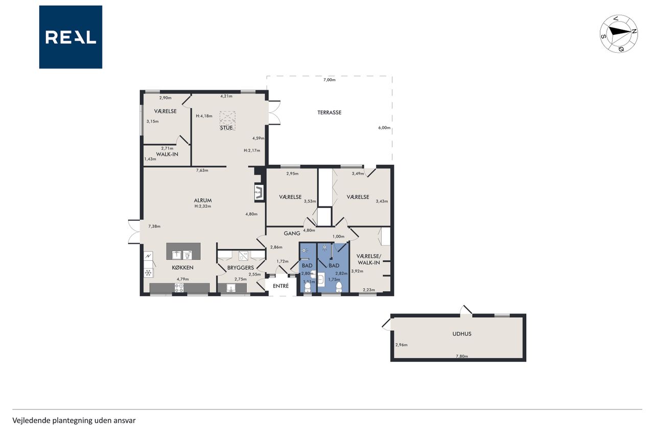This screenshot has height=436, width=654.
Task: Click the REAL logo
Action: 71,37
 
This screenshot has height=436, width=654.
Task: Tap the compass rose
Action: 619,34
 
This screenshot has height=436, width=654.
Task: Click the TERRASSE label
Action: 330,112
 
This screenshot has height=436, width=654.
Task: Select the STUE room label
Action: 226,128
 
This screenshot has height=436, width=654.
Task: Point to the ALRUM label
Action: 203,201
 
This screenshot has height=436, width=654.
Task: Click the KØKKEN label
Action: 182,267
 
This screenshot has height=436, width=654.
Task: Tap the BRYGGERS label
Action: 241,268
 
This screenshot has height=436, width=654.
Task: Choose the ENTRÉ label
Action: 281,286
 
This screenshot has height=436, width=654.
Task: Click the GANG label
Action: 292,233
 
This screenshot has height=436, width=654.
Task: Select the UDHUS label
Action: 461,334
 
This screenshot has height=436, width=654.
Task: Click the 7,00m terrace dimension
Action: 330,80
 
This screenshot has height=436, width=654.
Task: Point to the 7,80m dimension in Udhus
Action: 462,356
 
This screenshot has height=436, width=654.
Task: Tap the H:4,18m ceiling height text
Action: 204,116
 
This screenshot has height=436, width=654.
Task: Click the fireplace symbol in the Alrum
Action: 259,192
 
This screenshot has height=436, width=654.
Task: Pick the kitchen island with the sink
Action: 183,251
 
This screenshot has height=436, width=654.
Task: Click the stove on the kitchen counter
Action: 179,288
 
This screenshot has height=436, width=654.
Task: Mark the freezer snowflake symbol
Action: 148,273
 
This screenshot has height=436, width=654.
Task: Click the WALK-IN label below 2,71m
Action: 167,154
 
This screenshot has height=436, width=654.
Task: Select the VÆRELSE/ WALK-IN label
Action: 369,259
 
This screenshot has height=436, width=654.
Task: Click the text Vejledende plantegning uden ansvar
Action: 74,421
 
